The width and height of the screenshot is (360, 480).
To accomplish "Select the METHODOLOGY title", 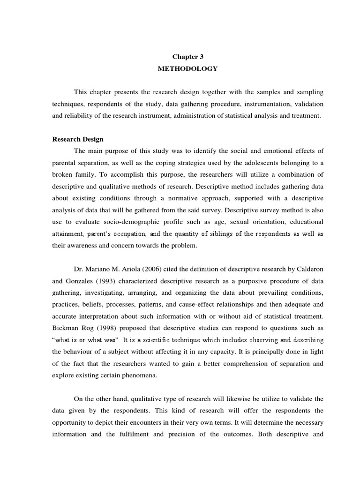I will (188, 68).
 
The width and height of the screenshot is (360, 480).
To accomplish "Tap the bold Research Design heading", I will (78, 139).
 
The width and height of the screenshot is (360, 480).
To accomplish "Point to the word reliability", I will (80, 115).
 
